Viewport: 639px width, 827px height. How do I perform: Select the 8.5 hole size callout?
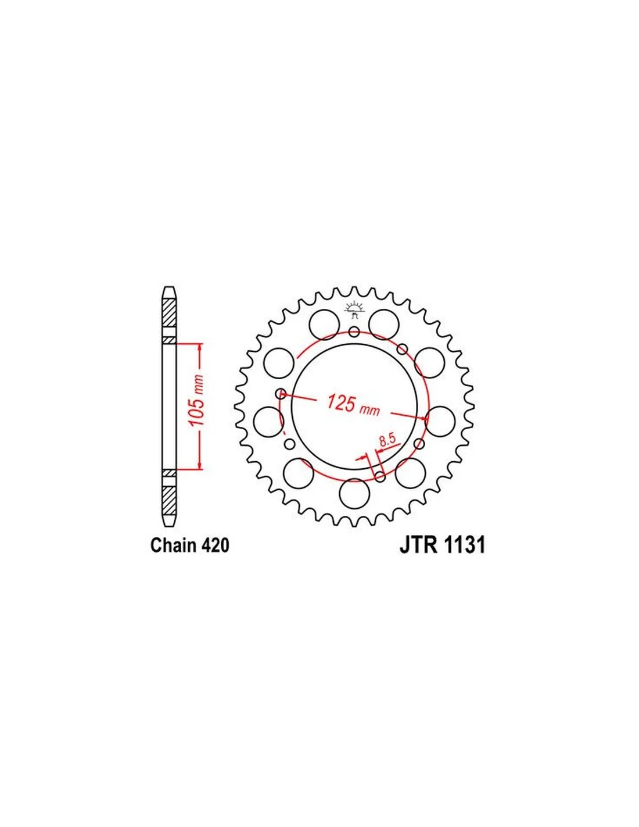[x=387, y=441]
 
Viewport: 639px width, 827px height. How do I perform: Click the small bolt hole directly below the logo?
[x=354, y=332]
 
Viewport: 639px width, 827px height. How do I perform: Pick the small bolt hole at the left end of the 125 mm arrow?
[x=281, y=393]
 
